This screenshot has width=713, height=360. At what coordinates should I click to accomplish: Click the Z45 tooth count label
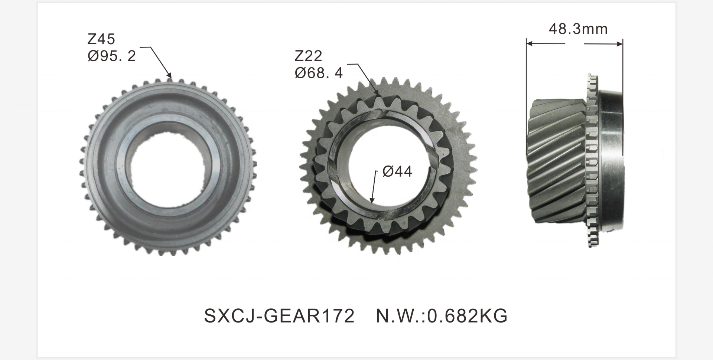(101, 39)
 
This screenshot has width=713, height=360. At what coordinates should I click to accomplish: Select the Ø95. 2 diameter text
(112, 56)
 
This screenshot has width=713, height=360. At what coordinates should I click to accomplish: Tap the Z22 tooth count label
(308, 56)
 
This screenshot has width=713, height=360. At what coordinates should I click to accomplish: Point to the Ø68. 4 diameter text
(319, 73)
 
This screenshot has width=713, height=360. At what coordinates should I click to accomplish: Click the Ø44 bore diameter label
(397, 171)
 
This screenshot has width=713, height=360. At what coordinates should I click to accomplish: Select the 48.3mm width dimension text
(578, 29)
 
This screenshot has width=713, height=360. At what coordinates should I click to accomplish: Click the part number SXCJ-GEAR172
(279, 316)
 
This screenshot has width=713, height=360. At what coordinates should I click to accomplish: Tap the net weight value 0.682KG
(467, 316)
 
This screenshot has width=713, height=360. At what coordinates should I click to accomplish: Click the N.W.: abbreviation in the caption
(400, 316)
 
